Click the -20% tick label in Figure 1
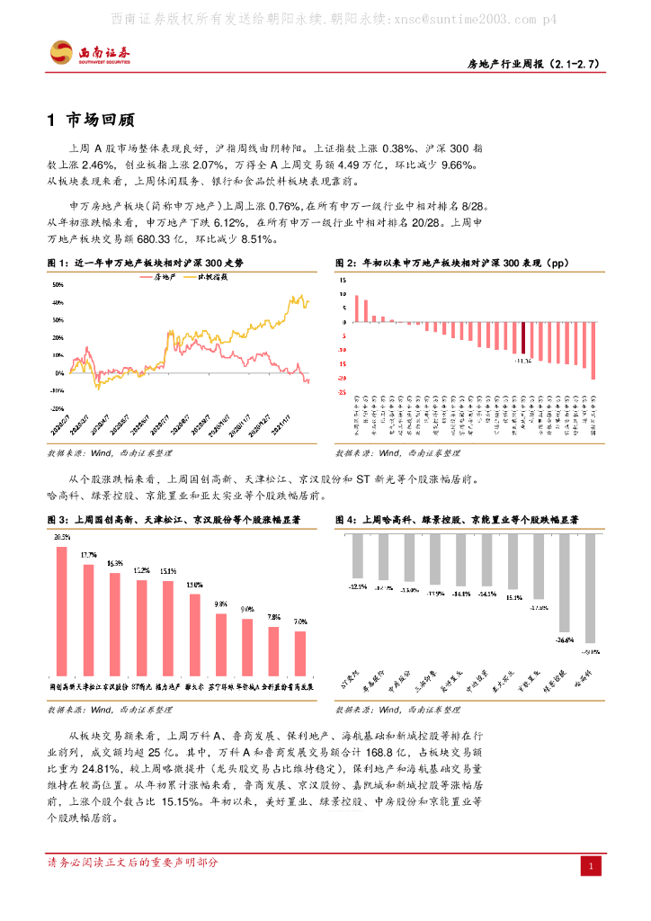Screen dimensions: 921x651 point(57,390)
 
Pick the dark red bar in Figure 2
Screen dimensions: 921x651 point(523,338)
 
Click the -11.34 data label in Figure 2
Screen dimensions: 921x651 point(522,359)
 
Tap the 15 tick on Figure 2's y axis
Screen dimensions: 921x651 point(342,281)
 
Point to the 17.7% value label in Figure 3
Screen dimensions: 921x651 point(88,555)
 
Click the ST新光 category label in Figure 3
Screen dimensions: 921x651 point(141,686)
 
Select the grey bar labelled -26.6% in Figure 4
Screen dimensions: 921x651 point(565,582)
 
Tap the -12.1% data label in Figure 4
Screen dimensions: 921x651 point(357,586)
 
